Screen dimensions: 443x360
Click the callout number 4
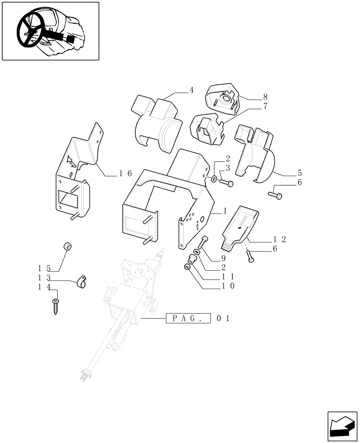(191, 90)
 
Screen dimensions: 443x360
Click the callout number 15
(44, 268)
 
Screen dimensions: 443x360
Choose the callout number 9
(223, 258)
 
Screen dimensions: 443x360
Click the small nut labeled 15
(68, 247)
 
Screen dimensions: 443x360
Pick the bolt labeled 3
(226, 183)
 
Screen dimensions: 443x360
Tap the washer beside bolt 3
(214, 179)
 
